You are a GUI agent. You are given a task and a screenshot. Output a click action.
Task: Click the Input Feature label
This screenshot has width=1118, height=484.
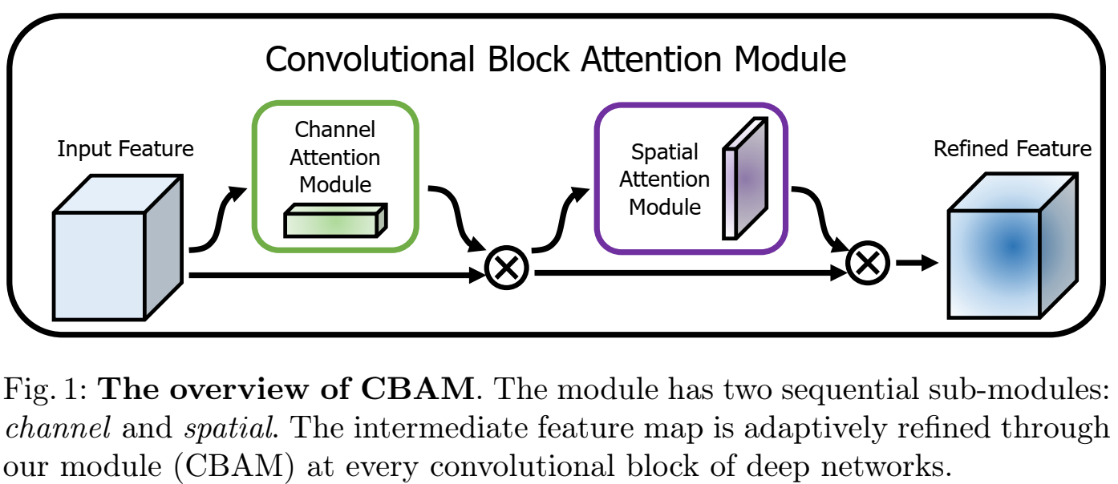(125, 149)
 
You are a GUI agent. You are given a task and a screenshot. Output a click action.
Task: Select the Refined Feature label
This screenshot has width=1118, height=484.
(1012, 149)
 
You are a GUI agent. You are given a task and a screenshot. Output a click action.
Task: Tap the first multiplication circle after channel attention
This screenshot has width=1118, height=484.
(507, 265)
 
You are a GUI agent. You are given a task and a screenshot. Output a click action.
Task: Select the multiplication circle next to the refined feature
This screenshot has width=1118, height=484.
(869, 263)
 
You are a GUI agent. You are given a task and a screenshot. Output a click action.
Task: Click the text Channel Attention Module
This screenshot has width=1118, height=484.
(335, 156)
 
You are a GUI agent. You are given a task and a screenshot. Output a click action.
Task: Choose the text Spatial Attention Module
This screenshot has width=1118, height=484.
(665, 179)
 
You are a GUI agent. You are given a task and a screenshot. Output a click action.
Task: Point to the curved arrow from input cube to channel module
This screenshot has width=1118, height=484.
(215, 220)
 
